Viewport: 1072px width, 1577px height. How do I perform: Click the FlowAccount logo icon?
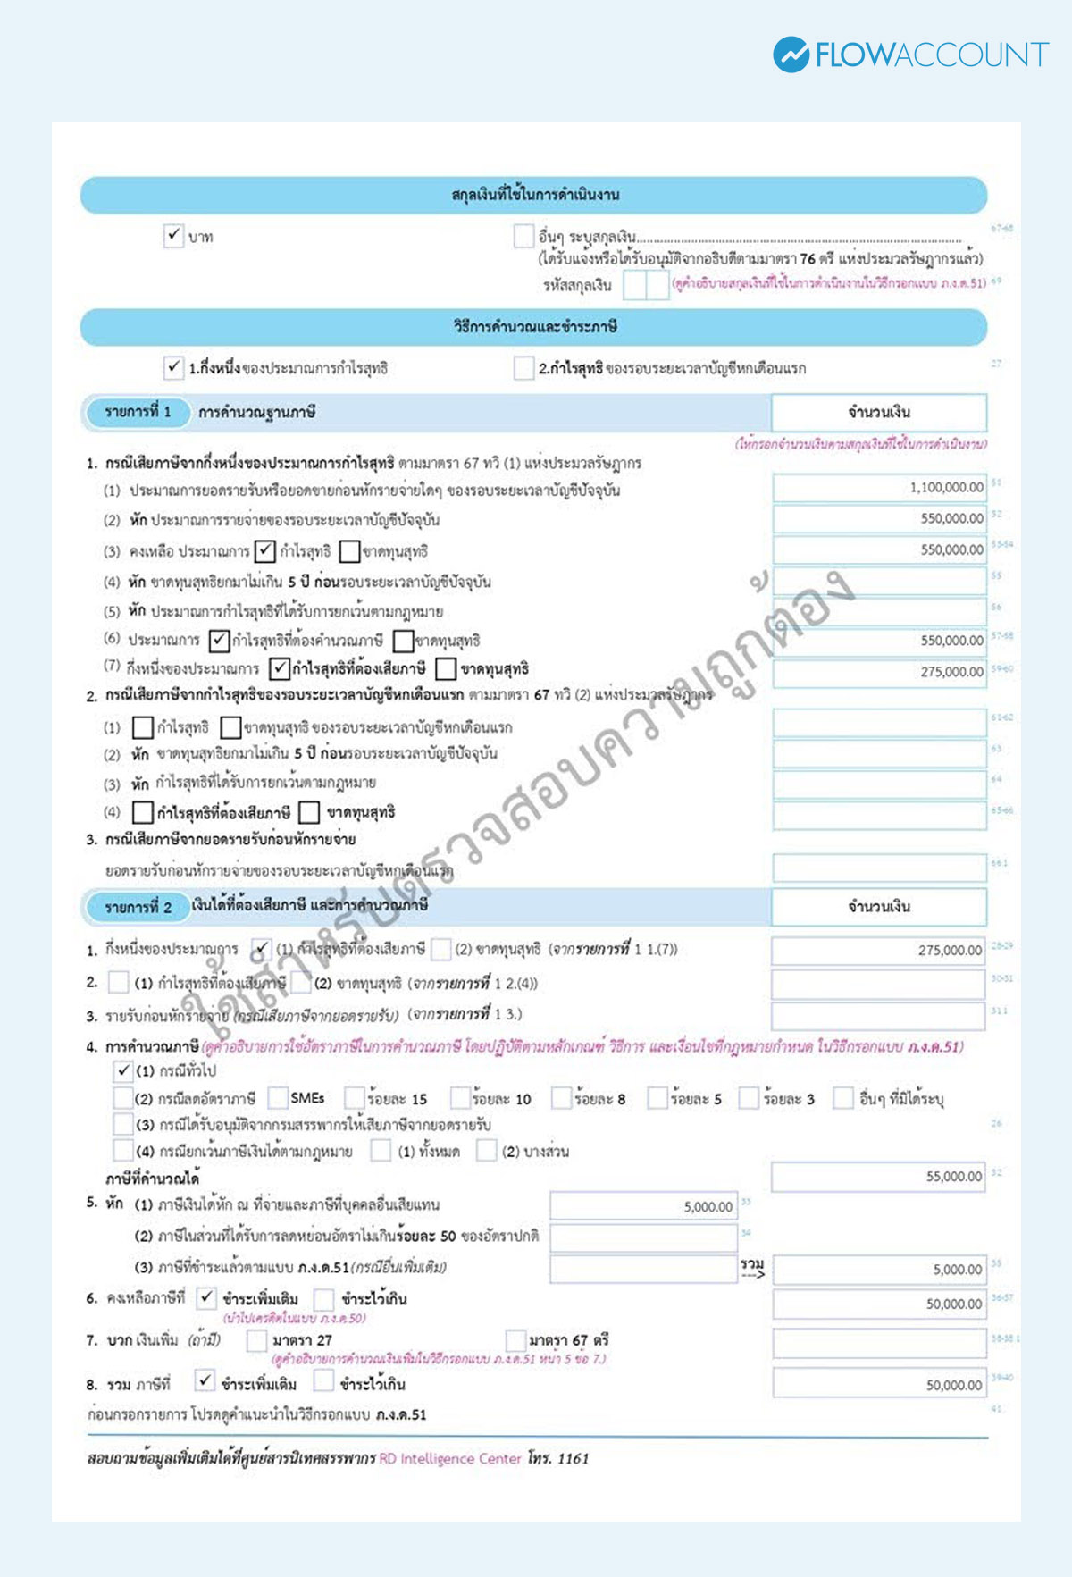[x=791, y=55]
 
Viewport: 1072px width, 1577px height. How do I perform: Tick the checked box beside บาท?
[x=173, y=236]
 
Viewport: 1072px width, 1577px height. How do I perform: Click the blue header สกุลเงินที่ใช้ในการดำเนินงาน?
[x=534, y=195]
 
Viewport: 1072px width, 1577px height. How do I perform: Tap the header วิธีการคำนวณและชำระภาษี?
[x=534, y=327]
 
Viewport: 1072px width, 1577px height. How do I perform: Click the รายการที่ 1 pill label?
[x=138, y=412]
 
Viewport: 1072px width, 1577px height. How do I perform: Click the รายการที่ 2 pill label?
[x=138, y=907]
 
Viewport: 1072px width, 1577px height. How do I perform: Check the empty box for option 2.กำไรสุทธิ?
[x=523, y=367]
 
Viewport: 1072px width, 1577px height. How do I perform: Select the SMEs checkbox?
[x=278, y=1098]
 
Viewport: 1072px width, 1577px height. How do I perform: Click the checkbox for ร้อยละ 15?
[x=355, y=1098]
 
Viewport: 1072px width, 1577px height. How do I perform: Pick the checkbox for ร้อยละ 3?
[x=750, y=1098]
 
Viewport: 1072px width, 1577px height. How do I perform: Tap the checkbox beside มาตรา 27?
[x=256, y=1339]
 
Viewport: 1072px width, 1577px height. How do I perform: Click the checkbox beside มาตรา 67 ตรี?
[x=515, y=1339]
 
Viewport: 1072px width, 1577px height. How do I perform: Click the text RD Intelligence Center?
[x=449, y=1458]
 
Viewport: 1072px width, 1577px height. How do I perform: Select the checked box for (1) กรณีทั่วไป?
[x=123, y=1070]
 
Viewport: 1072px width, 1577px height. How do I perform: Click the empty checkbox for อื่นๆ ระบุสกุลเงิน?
[x=523, y=236]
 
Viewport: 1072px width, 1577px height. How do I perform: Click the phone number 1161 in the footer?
[x=573, y=1458]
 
